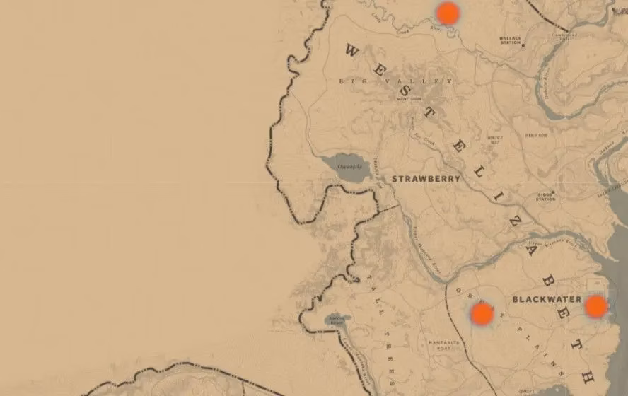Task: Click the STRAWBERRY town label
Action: click(426, 179)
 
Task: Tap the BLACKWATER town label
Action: click(546, 299)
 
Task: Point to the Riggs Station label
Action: click(545, 197)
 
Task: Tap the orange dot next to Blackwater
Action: click(595, 306)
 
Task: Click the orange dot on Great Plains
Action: click(482, 314)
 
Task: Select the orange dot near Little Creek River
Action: click(447, 13)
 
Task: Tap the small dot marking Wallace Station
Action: click(523, 45)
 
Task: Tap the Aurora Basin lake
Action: click(334, 321)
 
